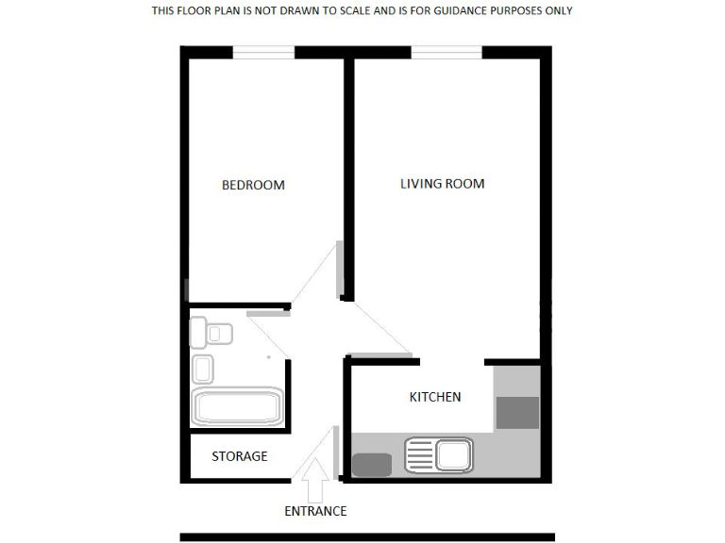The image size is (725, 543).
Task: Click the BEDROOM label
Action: pyautogui.click(x=253, y=185)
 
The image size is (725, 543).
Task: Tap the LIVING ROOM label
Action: pyautogui.click(x=442, y=183)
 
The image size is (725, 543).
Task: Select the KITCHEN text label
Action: pyautogui.click(x=434, y=397)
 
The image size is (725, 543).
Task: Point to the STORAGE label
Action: pyautogui.click(x=239, y=456)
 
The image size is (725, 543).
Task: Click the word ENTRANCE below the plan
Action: pyautogui.click(x=315, y=512)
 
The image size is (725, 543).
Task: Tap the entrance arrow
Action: pyautogui.click(x=315, y=479)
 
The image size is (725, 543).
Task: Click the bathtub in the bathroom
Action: pyautogui.click(x=237, y=406)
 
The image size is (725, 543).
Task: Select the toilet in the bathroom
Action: pyautogui.click(x=211, y=333)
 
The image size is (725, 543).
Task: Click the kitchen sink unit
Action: pyautogui.click(x=439, y=456)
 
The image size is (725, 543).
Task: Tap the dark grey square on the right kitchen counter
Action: pyautogui.click(x=517, y=412)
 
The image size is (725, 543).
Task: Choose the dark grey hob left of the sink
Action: pyautogui.click(x=371, y=464)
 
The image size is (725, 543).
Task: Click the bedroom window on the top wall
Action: pyautogui.click(x=264, y=53)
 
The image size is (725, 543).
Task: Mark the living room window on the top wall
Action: pyautogui.click(x=447, y=53)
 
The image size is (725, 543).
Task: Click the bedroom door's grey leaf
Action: pyautogui.click(x=341, y=270)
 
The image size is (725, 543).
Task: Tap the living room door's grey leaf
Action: pyautogui.click(x=382, y=356)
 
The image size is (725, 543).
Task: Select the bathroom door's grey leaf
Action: pyautogui.click(x=268, y=313)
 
